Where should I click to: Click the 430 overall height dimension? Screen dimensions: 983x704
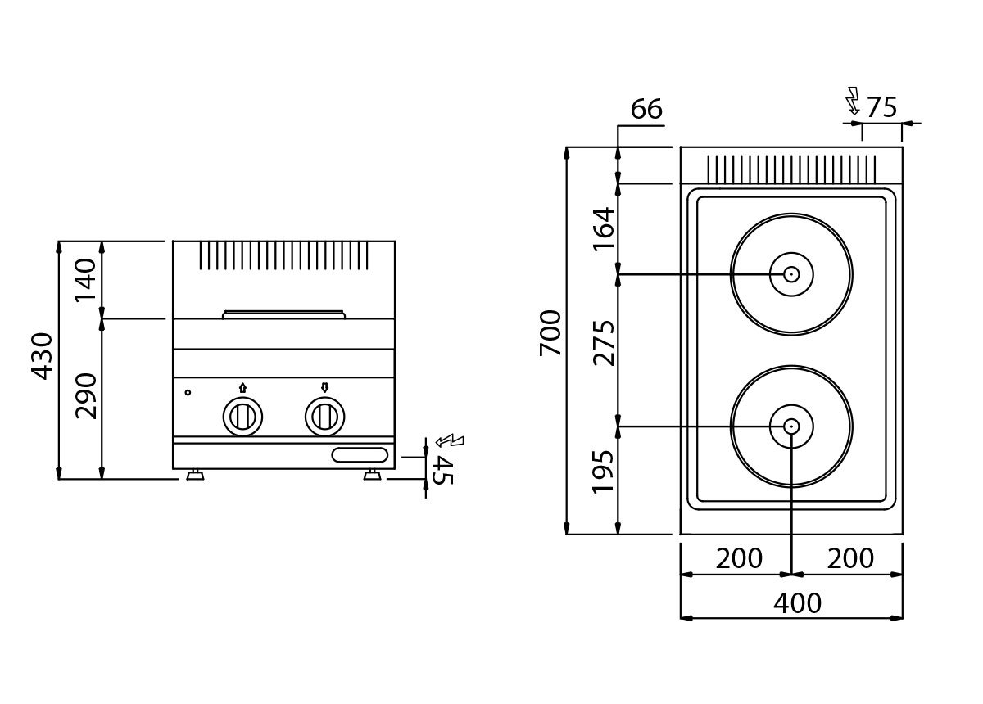(x=42, y=357)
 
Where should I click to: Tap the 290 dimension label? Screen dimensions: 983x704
(x=85, y=396)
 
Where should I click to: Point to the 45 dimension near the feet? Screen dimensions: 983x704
(x=442, y=471)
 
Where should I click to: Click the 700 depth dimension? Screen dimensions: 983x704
(x=550, y=333)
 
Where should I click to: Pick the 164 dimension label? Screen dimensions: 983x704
(x=604, y=229)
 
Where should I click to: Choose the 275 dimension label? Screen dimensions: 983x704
(x=604, y=344)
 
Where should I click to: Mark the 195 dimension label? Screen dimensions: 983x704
(x=603, y=471)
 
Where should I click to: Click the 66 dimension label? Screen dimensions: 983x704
(x=646, y=109)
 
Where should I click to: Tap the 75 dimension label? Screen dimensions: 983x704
(x=881, y=107)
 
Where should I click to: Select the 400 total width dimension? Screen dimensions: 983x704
(x=797, y=603)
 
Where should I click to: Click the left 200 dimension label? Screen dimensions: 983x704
(x=739, y=558)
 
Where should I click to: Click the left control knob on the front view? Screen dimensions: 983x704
(x=242, y=416)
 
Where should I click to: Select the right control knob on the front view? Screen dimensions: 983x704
(x=324, y=416)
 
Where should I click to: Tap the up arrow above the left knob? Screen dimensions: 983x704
(x=242, y=388)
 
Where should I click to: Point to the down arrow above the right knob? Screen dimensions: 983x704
(x=324, y=387)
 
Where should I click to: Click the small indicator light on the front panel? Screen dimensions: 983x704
(x=188, y=393)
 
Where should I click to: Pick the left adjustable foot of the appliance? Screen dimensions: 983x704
(x=195, y=475)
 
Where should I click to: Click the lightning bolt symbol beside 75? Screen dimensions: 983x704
(x=853, y=101)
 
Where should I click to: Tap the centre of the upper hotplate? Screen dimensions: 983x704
(x=791, y=274)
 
